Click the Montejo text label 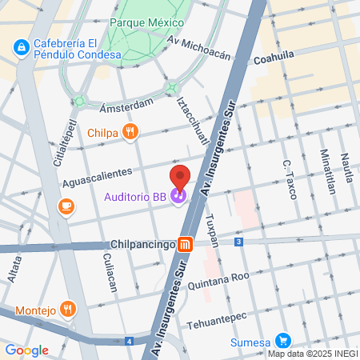pyautogui.click(x=35, y=310)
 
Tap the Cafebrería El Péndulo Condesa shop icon pyautogui.click(x=19, y=49)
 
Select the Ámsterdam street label pyautogui.click(x=126, y=106)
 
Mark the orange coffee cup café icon pyautogui.click(x=66, y=207)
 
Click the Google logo pyautogui.click(x=26, y=350)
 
